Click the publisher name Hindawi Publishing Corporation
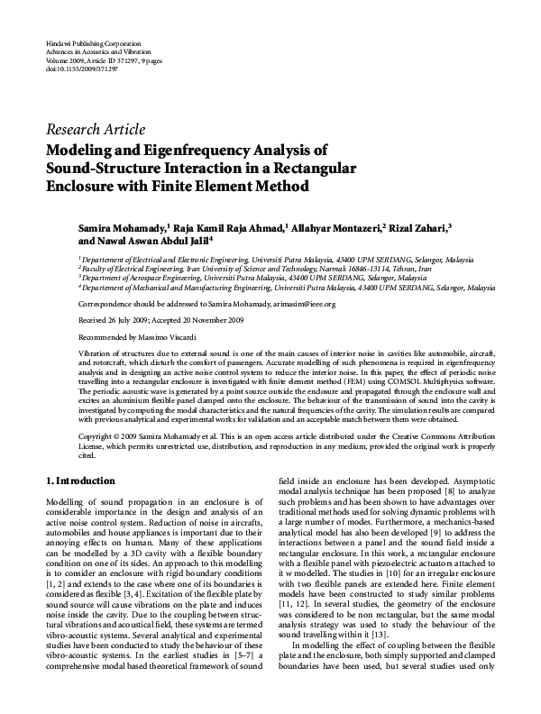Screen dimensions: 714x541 coord(89,43)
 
